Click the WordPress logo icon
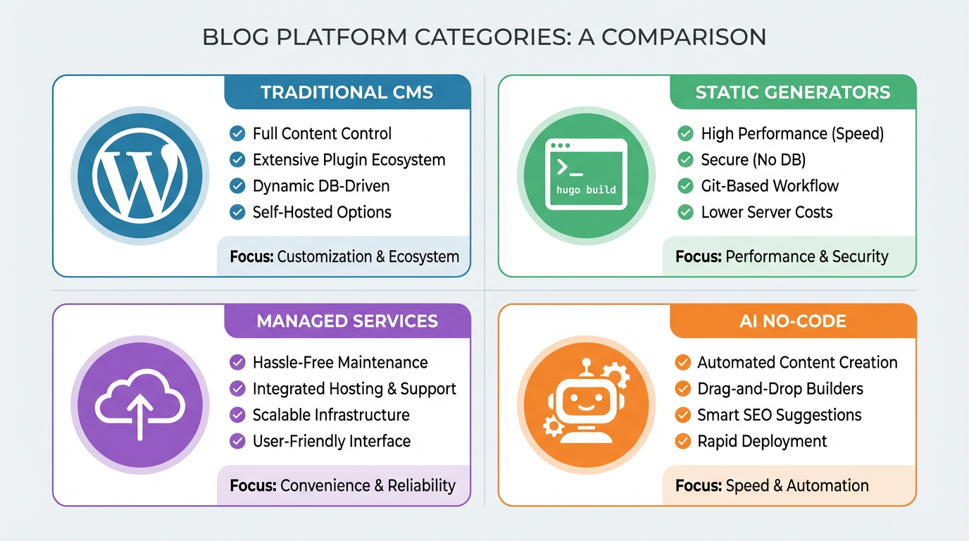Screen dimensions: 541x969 pos(140,175)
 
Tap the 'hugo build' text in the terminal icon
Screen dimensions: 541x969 pos(586,189)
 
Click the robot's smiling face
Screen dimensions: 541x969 pos(584,406)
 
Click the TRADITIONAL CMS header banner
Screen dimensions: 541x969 pos(346,92)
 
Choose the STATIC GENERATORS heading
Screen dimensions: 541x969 pos(793,92)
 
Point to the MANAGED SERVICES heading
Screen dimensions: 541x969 pos(346,321)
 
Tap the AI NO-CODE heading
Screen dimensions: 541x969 pos(793,321)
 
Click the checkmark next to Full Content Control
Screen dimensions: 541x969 pos(238,133)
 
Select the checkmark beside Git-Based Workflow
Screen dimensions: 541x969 pos(685,186)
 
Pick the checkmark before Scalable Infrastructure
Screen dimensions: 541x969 pos(238,415)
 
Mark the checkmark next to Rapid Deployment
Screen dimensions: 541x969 pos(682,441)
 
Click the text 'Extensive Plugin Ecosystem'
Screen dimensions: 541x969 pos(349,160)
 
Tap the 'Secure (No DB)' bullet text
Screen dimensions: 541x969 pos(753,160)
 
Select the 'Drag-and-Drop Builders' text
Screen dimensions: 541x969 pos(780,389)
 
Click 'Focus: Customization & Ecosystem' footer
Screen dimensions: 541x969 pos(344,256)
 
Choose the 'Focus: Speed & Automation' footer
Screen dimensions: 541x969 pos(772,485)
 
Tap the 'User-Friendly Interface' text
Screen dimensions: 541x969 pos(331,441)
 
